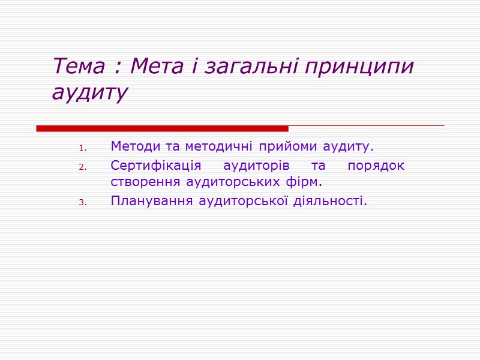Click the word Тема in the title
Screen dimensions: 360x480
(78, 67)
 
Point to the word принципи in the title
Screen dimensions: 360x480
(359, 67)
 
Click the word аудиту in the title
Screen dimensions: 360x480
(89, 92)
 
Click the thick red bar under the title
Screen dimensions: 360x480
(162, 128)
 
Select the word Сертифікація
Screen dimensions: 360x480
(156, 166)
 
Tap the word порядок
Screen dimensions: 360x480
(376, 166)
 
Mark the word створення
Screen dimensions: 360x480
(144, 181)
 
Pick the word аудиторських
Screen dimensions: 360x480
(236, 181)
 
